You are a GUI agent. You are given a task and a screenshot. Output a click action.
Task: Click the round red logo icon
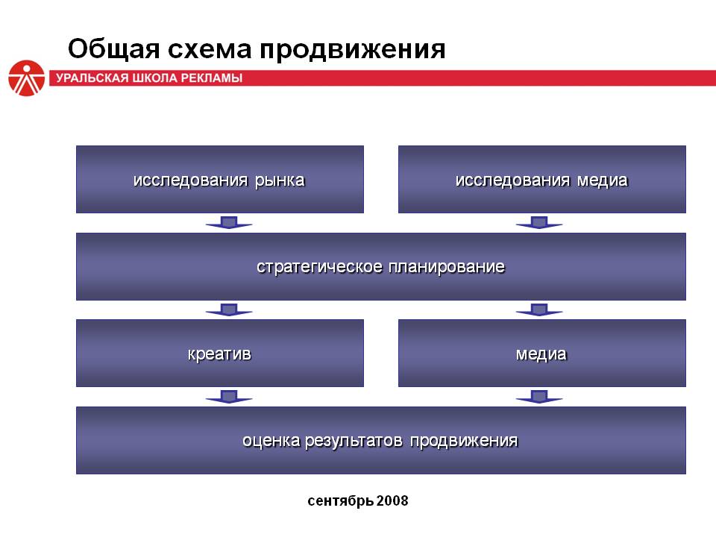coord(27,78)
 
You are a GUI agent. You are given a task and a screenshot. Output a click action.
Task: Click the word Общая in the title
coord(113,49)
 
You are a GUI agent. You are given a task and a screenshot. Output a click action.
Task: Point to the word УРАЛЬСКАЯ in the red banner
coord(92,78)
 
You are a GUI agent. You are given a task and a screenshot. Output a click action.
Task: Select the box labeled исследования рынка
coord(219,180)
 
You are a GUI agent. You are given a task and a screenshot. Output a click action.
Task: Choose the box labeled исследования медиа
coord(542,180)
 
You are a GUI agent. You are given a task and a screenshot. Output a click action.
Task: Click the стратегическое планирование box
coord(381,267)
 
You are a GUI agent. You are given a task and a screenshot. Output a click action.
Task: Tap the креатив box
coord(219,354)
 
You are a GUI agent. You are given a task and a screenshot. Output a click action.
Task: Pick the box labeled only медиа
coord(542,354)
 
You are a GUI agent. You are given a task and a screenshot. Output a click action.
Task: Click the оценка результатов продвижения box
coord(381,441)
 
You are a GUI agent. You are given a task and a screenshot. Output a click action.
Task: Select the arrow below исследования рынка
coord(229,222)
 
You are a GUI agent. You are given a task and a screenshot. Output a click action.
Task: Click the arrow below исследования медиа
coord(539,222)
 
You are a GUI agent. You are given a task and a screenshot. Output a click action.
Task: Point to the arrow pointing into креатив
coord(229,310)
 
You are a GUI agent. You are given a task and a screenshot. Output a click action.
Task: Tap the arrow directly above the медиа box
coord(539,310)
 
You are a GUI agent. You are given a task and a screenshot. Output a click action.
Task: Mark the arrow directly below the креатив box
coord(229,397)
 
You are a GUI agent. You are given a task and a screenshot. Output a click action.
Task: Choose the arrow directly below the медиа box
coord(539,397)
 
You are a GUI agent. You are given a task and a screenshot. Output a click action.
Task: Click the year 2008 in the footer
coord(393,501)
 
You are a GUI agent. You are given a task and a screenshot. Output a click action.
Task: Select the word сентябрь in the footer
coord(341,501)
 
